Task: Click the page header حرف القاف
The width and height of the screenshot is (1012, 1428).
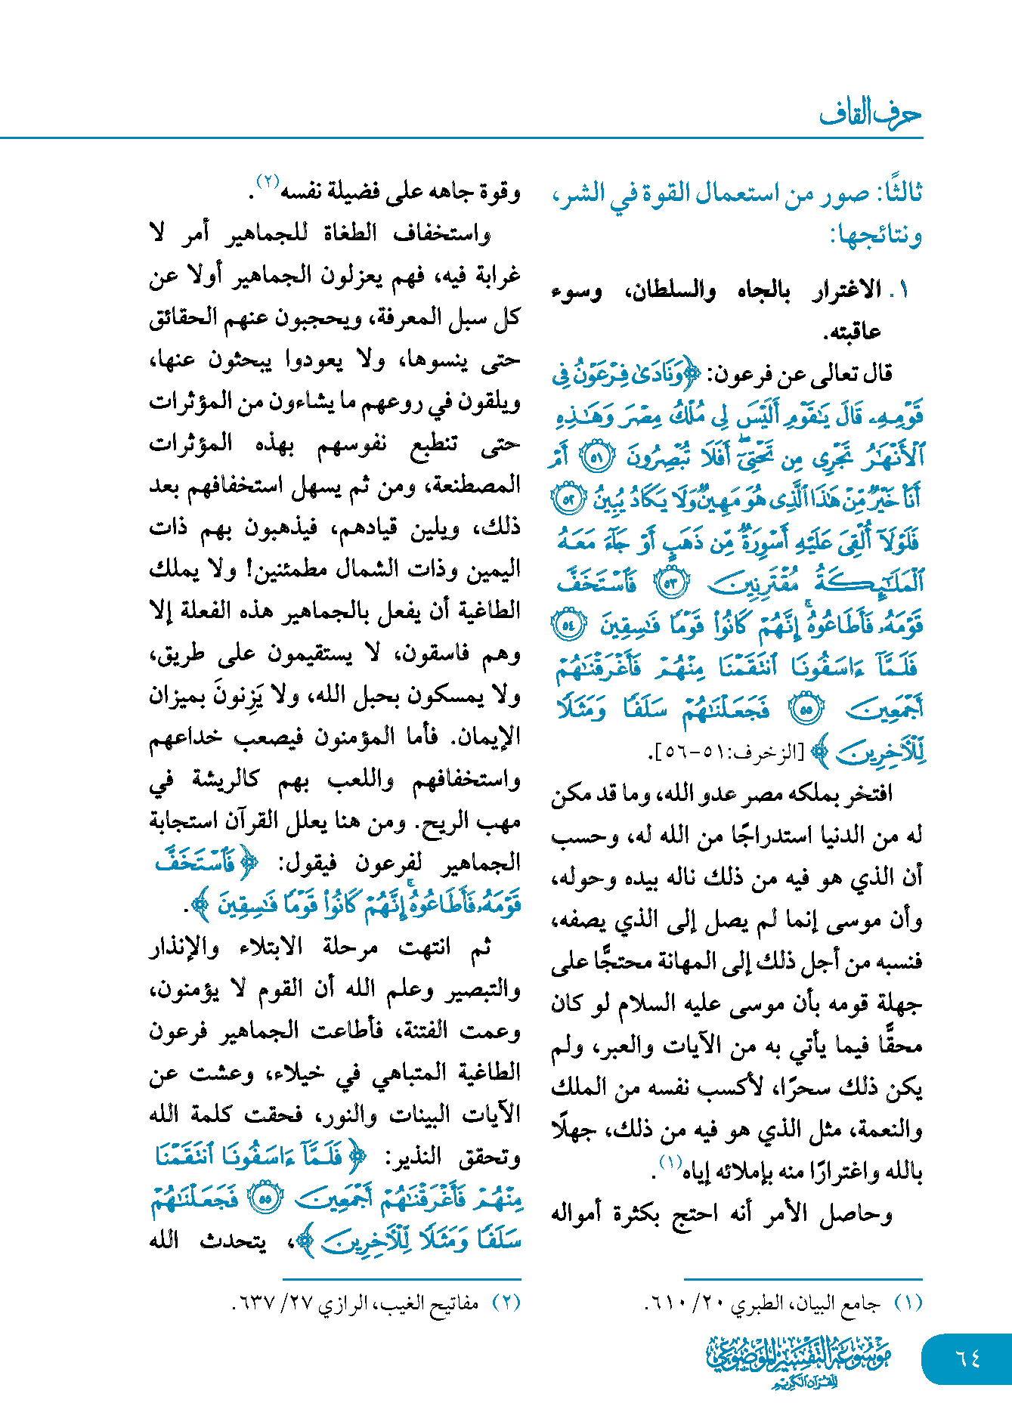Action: point(870,114)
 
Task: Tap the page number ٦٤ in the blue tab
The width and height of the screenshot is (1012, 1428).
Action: point(967,1358)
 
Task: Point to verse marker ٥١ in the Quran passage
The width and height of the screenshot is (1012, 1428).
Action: point(596,457)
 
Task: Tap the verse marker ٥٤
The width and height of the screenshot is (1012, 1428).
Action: point(568,626)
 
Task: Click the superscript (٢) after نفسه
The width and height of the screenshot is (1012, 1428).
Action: point(268,182)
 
